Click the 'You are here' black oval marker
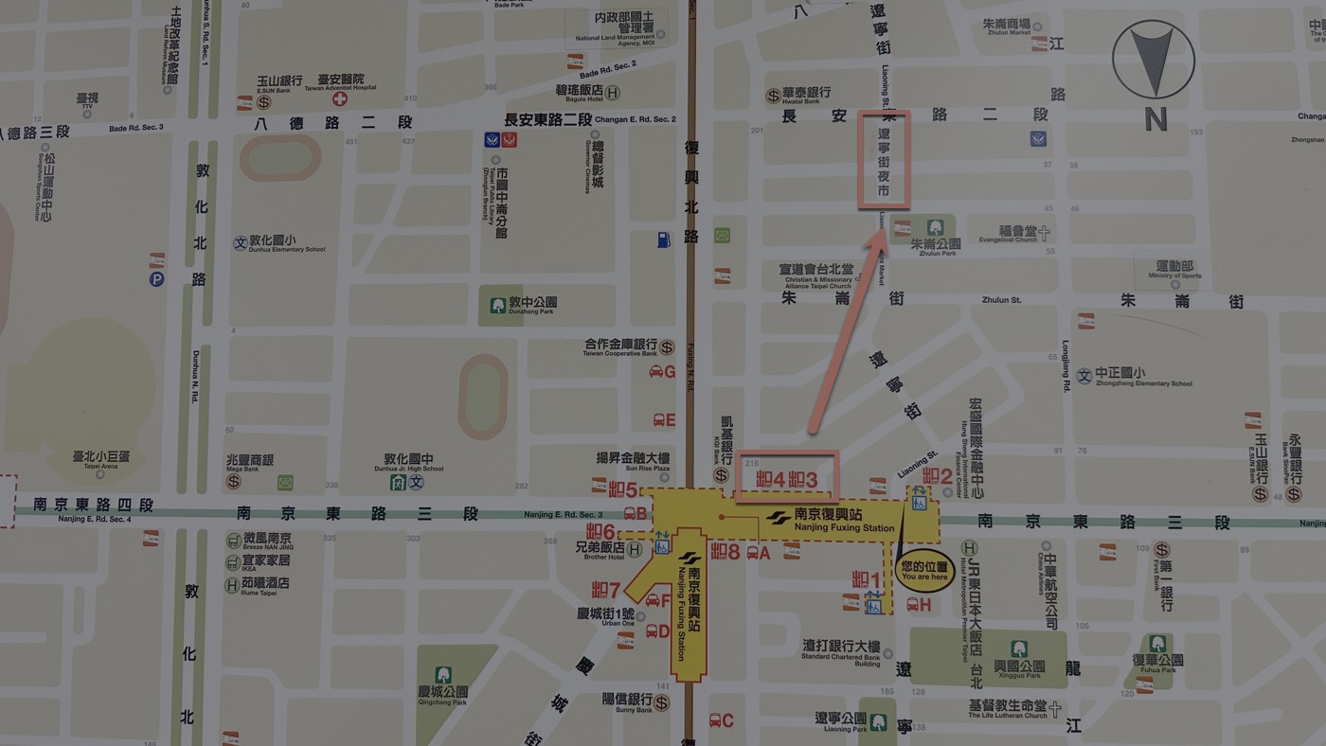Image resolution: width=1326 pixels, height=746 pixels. click(924, 571)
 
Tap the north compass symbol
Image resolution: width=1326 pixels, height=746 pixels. click(1153, 61)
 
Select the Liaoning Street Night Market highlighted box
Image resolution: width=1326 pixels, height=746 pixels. click(884, 159)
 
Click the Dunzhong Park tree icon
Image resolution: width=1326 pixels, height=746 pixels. click(498, 305)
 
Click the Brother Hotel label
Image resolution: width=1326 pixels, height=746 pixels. click(605, 548)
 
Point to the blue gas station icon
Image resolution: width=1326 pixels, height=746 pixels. click(663, 240)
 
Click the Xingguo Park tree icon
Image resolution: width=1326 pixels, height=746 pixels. click(1018, 649)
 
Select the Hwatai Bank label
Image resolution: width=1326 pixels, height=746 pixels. click(806, 94)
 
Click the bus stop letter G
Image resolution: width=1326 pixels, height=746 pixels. click(670, 372)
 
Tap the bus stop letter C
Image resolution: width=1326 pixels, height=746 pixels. click(727, 720)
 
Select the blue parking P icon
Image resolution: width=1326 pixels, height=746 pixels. click(156, 279)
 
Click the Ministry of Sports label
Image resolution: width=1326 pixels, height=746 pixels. click(1174, 270)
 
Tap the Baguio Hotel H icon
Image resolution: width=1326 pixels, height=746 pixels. click(613, 93)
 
